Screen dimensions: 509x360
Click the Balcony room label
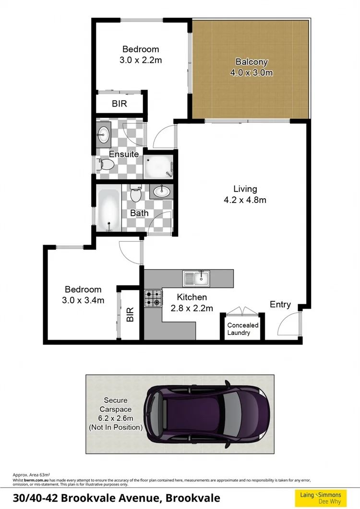[x=252, y=62]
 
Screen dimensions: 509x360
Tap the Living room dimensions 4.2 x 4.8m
[x=245, y=200]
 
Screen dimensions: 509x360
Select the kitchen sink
[x=196, y=277]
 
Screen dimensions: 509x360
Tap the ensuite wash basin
[x=104, y=134]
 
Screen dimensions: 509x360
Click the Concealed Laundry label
[x=242, y=329]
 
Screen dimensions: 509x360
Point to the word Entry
[x=280, y=304]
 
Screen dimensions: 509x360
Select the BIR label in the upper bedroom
[x=119, y=103]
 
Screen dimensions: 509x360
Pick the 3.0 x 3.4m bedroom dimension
[x=83, y=300]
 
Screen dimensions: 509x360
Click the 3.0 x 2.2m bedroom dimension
[x=140, y=60]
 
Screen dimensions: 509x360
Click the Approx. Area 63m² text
[x=32, y=474]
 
